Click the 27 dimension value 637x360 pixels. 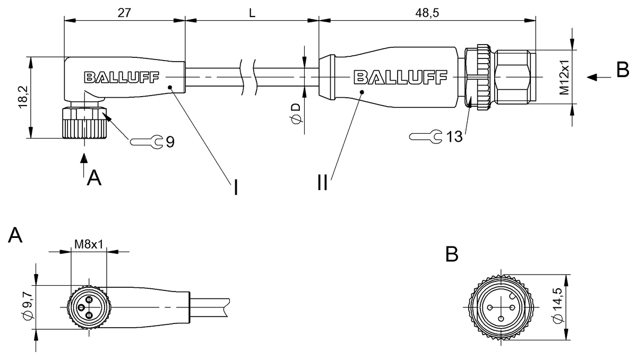124,13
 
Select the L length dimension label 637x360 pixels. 252,13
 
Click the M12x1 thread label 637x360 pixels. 565,78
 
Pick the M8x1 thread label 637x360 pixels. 88,244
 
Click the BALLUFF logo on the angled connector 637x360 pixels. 121,78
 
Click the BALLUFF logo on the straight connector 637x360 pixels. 400,78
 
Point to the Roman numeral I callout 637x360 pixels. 234,187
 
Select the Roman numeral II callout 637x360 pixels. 322,183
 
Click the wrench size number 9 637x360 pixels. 170,142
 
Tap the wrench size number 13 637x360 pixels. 454,136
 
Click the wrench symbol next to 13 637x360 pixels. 425,137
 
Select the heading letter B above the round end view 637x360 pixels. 452,255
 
